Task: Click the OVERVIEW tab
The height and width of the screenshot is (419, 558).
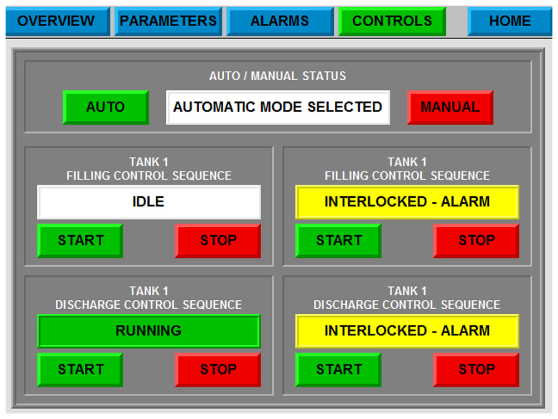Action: (x=56, y=21)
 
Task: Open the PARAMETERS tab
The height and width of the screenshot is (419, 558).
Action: (x=168, y=21)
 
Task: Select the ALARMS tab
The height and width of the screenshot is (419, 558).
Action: (x=280, y=21)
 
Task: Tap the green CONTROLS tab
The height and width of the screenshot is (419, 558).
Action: (x=392, y=21)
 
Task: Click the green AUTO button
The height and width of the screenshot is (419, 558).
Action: (x=105, y=107)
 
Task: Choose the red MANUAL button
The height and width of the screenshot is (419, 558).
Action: (x=450, y=107)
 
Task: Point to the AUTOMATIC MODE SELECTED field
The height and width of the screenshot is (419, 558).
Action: (x=278, y=107)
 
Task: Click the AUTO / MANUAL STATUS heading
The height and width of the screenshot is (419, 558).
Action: (x=278, y=76)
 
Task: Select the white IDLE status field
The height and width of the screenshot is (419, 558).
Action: (x=148, y=202)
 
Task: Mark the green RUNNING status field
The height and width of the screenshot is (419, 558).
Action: (x=148, y=331)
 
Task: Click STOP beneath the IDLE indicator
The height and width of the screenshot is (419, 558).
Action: (x=218, y=241)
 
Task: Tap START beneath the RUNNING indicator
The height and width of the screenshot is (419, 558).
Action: (x=80, y=369)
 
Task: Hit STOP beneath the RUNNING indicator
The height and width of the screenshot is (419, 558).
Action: (x=218, y=369)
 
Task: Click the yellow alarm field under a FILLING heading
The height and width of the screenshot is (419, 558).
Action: (x=407, y=202)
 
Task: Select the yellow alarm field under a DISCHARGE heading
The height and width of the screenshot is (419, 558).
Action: (x=407, y=331)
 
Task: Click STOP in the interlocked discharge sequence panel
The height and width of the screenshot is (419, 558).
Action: (x=476, y=369)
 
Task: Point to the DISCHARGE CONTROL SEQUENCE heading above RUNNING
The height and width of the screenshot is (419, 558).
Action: (x=148, y=305)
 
